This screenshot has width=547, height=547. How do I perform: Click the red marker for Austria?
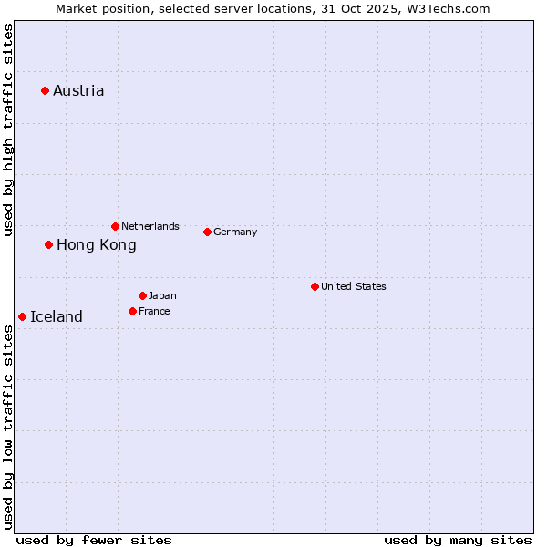pos(45,90)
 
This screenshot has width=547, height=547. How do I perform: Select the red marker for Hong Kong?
pos(49,244)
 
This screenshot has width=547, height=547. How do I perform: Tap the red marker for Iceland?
pos(22,316)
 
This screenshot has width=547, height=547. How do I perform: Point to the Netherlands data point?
pos(115,226)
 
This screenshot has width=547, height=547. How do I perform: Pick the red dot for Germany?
pos(207,232)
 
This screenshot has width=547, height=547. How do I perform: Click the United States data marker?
pos(315,286)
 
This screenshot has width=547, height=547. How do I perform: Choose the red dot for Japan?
pos(142,295)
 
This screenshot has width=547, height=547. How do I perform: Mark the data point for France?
pos(132,311)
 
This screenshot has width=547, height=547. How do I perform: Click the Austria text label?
pos(78,90)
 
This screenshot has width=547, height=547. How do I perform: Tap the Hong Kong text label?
pos(96,244)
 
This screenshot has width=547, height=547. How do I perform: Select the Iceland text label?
pos(57,316)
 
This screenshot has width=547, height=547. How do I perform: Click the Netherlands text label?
pos(150,226)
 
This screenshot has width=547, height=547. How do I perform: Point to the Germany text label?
pos(235,232)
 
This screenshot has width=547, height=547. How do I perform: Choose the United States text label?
pos(354,286)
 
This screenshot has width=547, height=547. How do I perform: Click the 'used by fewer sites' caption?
pos(94,540)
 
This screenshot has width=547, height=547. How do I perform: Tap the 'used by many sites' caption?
pos(458,540)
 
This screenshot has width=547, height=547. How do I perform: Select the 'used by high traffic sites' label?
pos(8,129)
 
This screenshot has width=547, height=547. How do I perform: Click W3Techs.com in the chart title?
pos(449,8)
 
